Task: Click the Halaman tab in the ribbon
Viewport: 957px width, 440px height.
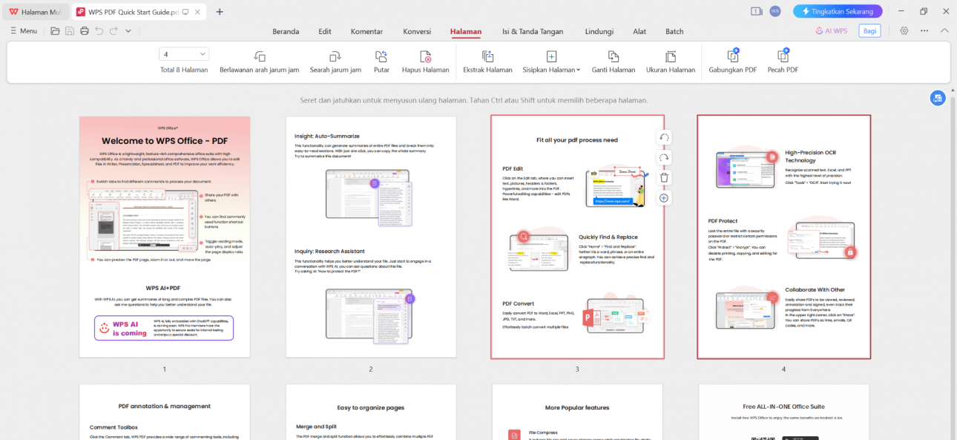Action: click(466, 31)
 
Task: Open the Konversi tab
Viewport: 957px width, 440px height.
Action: click(417, 31)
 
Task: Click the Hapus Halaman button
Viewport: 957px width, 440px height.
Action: click(425, 62)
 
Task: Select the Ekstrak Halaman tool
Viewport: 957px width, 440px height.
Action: click(487, 62)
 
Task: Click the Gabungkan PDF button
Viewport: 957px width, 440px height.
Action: click(732, 62)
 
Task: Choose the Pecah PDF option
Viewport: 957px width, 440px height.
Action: click(783, 62)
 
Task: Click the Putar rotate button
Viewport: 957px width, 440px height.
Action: click(381, 62)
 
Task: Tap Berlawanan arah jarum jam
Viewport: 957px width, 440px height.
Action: click(259, 62)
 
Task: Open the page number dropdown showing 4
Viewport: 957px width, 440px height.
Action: click(184, 54)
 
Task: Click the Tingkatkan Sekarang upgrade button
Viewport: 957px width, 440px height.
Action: click(837, 11)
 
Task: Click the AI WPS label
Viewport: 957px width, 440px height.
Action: click(831, 30)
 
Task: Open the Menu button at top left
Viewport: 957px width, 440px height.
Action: click(24, 30)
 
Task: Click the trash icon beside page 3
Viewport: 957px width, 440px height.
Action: click(664, 177)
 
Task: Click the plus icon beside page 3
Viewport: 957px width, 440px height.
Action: click(664, 197)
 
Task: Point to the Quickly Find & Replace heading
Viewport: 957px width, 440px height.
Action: click(608, 237)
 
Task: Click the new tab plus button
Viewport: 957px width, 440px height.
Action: click(220, 11)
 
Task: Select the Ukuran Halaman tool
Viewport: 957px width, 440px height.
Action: click(671, 62)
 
